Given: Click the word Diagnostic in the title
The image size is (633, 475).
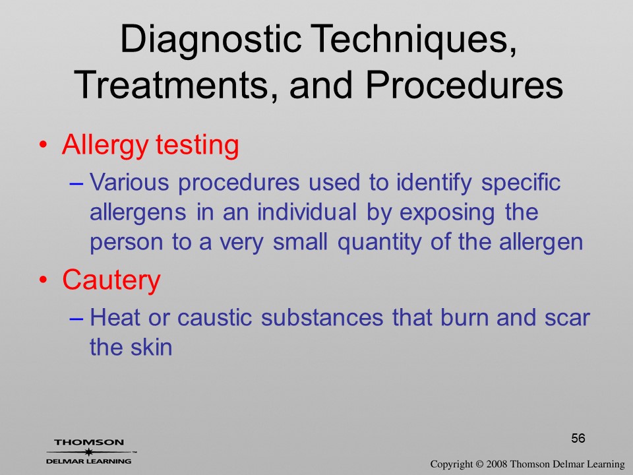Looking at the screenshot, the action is tap(210, 40).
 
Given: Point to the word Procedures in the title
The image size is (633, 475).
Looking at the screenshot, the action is tap(464, 84).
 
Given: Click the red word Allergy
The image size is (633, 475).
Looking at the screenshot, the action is tap(105, 146).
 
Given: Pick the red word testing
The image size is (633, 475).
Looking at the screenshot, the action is tap(197, 145).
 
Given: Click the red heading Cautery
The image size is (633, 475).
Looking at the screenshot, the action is tap(111, 280).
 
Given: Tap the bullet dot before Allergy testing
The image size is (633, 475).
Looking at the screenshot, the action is tap(44, 144).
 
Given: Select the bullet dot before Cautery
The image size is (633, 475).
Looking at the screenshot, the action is tap(44, 279).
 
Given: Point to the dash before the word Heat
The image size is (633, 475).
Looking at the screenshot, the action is tap(76, 318).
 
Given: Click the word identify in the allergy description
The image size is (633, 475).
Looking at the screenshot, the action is tap(434, 183).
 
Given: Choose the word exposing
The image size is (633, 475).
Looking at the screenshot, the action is tap(447, 213).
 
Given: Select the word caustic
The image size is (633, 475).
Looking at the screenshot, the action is tap(214, 317).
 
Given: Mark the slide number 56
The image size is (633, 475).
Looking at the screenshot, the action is tap(578, 438).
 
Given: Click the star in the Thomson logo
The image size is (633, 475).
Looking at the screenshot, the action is tap(88, 452).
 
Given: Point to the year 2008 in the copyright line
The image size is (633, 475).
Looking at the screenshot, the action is tap(496, 464).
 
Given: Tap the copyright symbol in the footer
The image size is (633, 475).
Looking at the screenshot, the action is tap(479, 464).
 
